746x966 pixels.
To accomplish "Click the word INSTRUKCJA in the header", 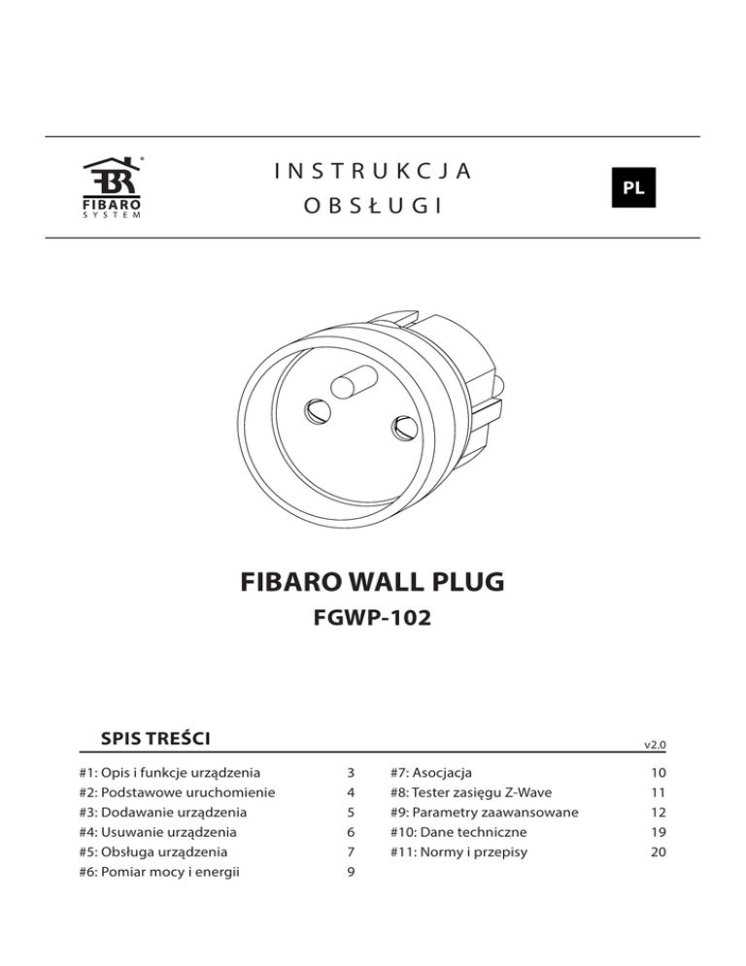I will click(374, 171).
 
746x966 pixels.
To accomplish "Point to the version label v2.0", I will click(655, 745).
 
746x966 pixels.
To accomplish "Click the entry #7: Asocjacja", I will click(429, 774).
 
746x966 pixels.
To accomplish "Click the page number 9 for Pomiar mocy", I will click(349, 872).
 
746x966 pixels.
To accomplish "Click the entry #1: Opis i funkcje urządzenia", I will click(170, 774).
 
